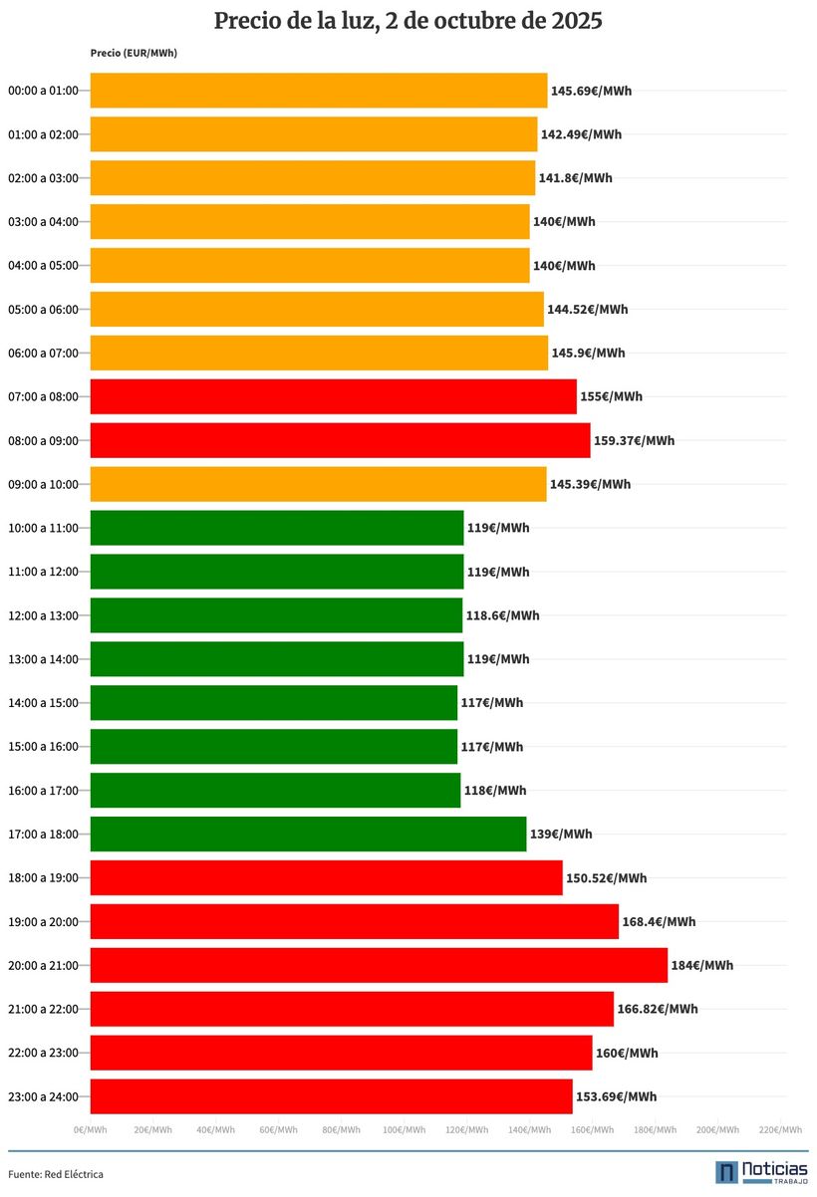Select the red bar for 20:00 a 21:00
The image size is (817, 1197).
click(x=379, y=965)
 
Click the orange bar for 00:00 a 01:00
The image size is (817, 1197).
click(x=319, y=91)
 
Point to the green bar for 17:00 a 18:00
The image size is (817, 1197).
click(x=308, y=835)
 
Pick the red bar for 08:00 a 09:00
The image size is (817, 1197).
click(x=340, y=440)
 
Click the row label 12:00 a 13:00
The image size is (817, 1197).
click(x=43, y=615)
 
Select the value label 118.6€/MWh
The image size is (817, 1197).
click(x=502, y=615)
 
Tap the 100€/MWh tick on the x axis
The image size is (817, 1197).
click(x=404, y=1130)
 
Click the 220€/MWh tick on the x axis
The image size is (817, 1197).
click(x=780, y=1130)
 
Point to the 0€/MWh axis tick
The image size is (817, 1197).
click(x=91, y=1130)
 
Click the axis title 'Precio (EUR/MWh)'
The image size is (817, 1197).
click(x=134, y=53)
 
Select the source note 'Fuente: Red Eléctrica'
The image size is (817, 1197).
click(x=56, y=1174)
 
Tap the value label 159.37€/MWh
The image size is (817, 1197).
click(x=634, y=440)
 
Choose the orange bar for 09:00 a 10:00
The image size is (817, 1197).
click(x=318, y=484)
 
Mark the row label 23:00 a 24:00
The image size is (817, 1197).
click(x=43, y=1096)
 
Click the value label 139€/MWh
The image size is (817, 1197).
click(x=561, y=835)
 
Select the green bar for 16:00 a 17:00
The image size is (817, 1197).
click(x=275, y=791)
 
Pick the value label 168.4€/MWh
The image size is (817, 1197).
click(x=659, y=921)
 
